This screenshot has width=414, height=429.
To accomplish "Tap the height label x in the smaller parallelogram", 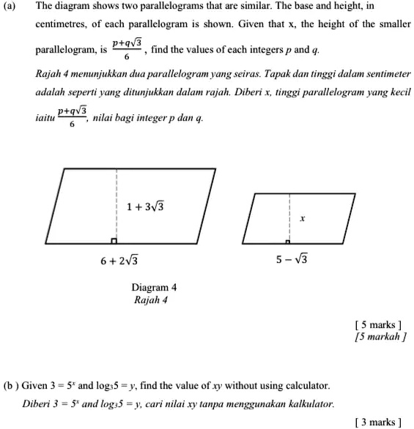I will point(301,219).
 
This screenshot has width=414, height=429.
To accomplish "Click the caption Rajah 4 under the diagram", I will point(151,299).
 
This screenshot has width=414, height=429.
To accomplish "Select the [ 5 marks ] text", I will point(378,325).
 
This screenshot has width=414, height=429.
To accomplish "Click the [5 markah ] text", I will point(377,337).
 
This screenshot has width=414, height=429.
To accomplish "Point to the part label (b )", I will point(12,385).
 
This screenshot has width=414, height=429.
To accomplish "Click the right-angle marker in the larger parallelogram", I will point(114,241).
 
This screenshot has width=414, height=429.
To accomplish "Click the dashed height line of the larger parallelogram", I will point(116,198).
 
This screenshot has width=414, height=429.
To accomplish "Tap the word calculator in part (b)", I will point(308,385).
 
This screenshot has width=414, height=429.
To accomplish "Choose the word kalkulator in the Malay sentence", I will point(311,403).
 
